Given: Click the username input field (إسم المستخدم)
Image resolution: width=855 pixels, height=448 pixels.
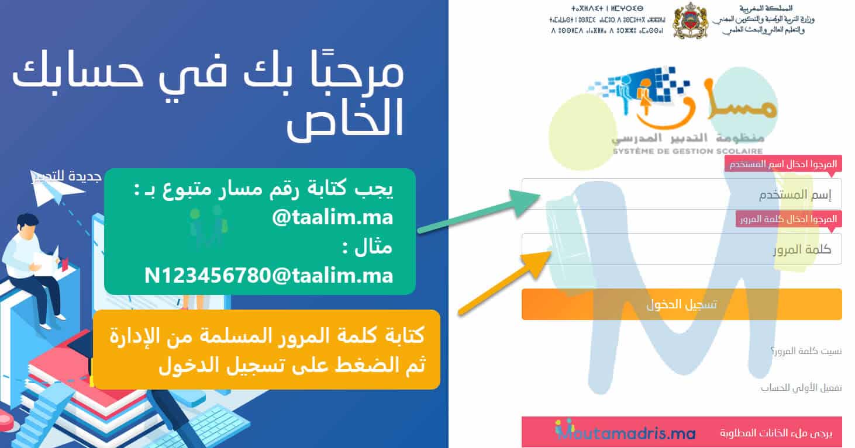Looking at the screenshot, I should pos(681,195).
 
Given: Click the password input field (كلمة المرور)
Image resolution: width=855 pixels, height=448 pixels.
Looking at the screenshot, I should pos(681,249).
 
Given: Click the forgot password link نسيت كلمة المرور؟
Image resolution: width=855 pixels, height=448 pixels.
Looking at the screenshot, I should pos(806,351).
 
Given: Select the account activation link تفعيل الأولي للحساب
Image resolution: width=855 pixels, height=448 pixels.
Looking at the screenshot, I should pos(801,387).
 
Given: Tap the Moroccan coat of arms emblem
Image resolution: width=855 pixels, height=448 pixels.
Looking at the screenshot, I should pos(691,22).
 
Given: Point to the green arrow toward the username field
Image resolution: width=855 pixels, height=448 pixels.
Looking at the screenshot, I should pos(480,211).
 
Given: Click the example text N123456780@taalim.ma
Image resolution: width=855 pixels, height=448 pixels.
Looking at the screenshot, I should pos(268,275).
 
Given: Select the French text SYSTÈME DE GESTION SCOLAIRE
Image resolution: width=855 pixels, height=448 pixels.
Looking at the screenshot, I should pos(679,151).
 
